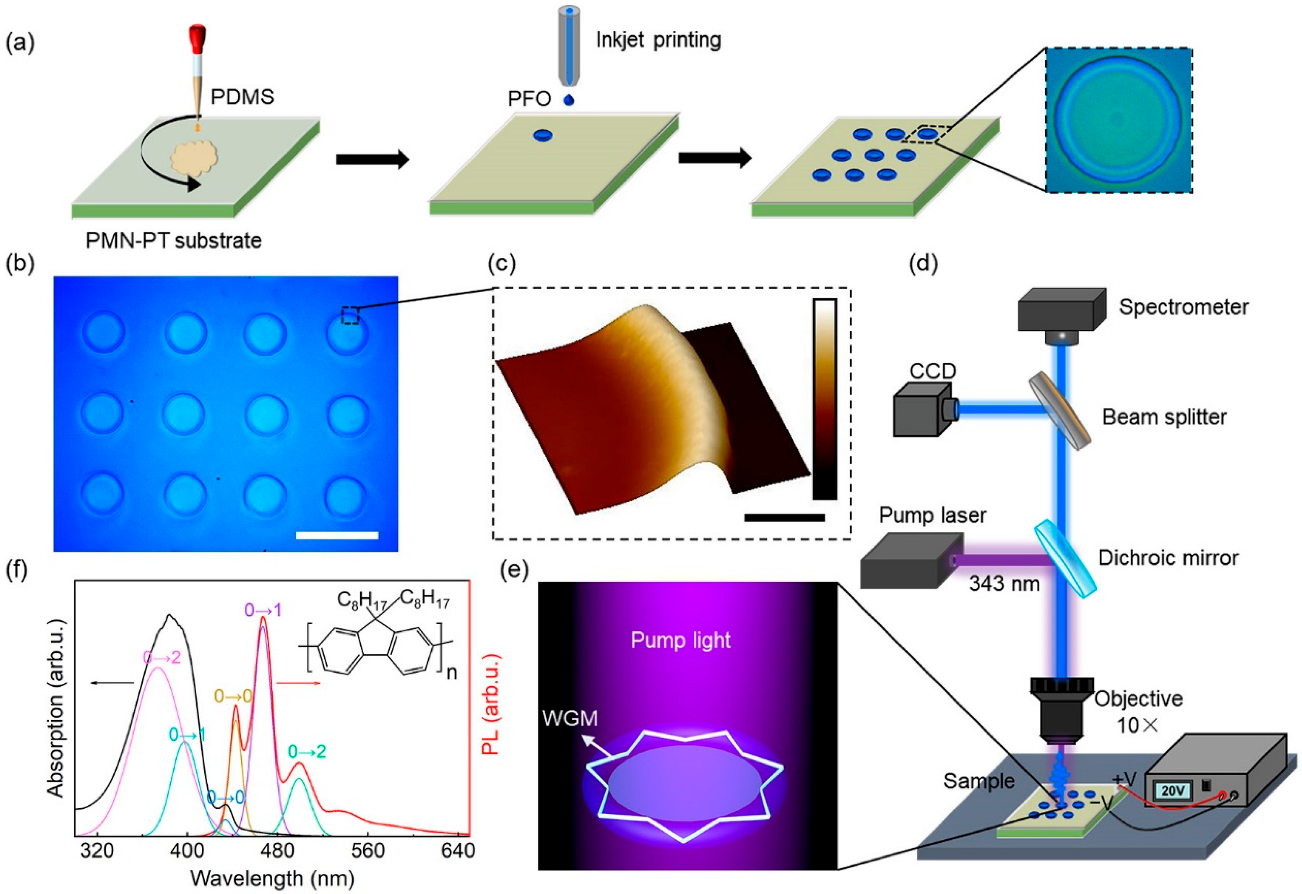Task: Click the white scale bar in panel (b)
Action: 337,536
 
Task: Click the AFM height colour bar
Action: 824,399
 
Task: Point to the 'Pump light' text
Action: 681,640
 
